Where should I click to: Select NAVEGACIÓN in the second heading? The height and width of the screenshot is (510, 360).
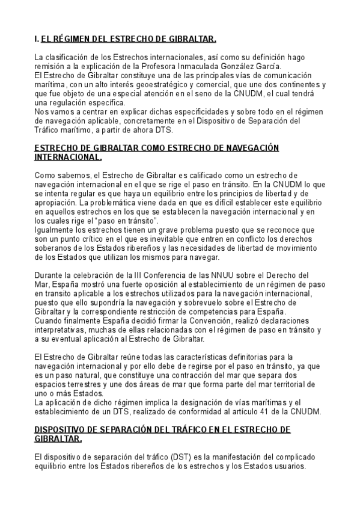[x=246, y=148]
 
